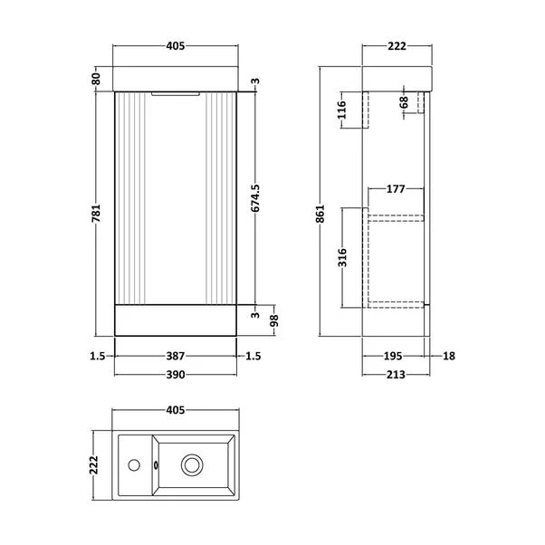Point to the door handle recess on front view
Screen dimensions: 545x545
click(175, 91)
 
